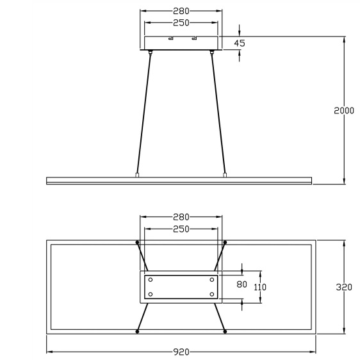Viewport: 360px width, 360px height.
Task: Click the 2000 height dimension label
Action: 344,111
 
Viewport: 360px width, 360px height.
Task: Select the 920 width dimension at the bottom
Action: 181,352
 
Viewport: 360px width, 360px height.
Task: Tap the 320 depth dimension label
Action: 344,287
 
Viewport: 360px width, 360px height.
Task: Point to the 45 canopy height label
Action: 240,43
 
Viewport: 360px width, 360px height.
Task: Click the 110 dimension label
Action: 260,287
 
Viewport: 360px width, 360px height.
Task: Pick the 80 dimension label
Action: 241,284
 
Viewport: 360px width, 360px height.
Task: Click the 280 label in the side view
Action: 181,11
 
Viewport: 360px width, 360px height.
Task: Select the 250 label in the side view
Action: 181,22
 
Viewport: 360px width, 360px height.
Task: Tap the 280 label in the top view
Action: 181,217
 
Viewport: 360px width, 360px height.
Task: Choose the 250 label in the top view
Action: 181,229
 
